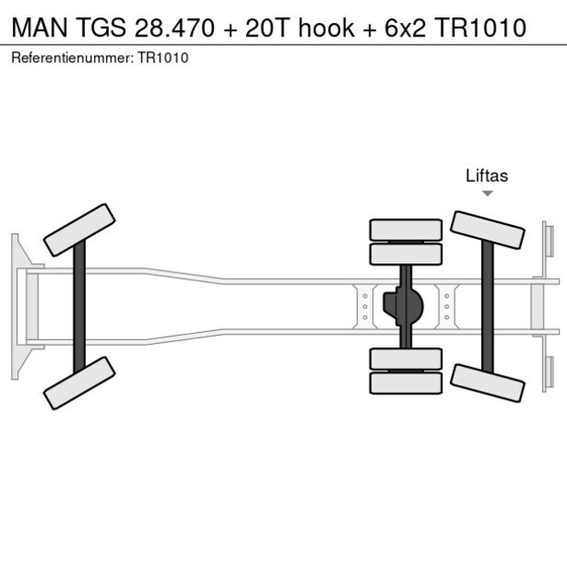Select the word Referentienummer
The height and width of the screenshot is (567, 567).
[x=71, y=58]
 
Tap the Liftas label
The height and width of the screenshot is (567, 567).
[x=487, y=177]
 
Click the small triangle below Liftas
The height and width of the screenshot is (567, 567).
[x=487, y=193]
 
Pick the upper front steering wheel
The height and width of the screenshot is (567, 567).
[x=80, y=230]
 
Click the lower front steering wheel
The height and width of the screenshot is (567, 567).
[x=80, y=382]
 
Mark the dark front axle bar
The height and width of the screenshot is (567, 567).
[x=80, y=306]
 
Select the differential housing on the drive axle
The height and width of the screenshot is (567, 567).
[x=405, y=306]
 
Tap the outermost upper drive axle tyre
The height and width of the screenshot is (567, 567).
[x=405, y=229]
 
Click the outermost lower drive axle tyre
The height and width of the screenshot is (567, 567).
[x=405, y=383]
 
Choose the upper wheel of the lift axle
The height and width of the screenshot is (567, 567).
[x=487, y=230]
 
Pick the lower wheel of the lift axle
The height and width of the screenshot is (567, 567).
[x=487, y=381]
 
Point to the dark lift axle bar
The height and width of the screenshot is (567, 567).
[x=487, y=306]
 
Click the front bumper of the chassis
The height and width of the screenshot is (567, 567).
[x=16, y=306]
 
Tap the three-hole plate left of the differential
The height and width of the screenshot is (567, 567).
[x=365, y=306]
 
